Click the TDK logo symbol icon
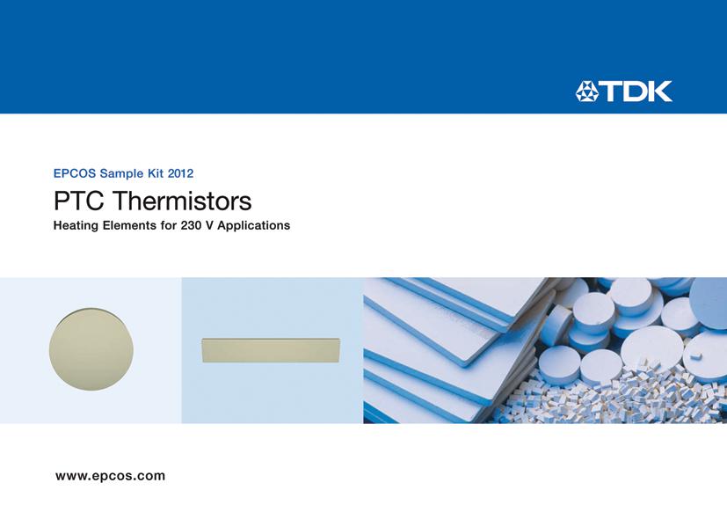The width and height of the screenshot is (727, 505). (x=587, y=91)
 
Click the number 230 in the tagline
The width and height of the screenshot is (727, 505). (x=204, y=226)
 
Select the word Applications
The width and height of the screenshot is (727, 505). (x=256, y=226)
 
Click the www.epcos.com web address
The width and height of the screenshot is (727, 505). (x=110, y=476)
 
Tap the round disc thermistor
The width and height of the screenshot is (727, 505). (x=91, y=350)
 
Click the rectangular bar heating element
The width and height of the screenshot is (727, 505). (x=271, y=349)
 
